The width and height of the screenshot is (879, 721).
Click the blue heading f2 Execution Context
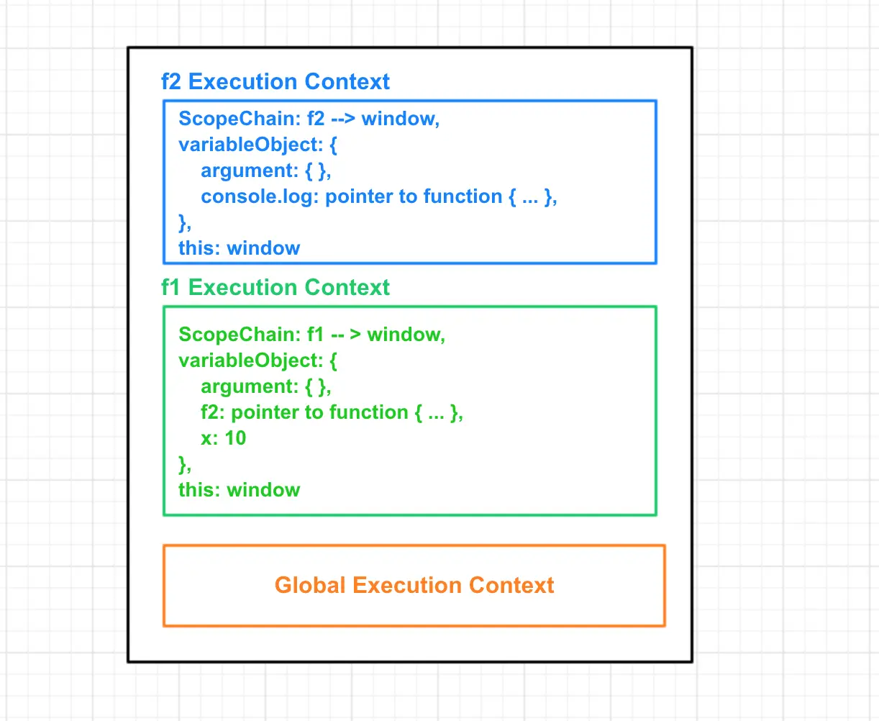275,82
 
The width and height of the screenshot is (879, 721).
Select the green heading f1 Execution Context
275,288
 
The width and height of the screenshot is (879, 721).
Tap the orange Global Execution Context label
414,585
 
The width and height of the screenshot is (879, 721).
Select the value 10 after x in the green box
235,438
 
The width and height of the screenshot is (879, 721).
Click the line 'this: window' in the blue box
239,248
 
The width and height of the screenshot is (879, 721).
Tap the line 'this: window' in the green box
239,490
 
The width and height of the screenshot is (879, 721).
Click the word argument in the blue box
246,171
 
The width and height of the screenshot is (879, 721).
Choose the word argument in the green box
246,387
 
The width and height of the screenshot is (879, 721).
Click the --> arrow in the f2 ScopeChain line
343,119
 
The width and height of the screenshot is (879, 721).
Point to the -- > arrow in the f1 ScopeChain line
346,335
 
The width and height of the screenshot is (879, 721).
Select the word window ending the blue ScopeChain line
399,119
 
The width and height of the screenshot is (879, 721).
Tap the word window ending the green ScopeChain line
405,335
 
